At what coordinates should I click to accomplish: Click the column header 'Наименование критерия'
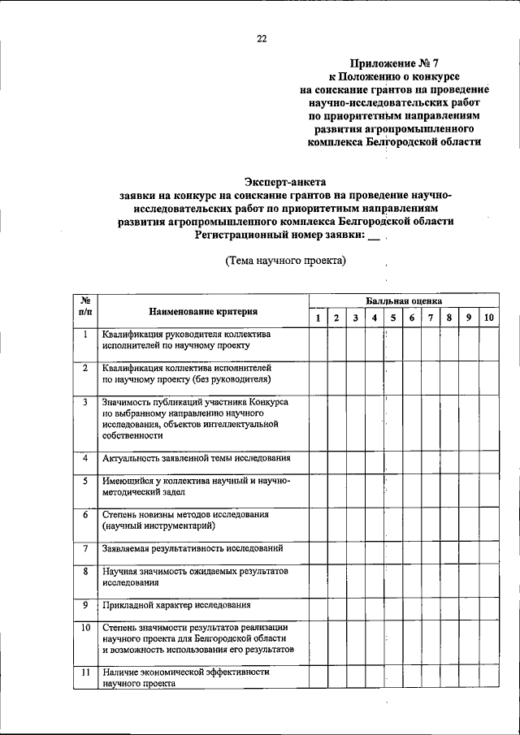[203, 311]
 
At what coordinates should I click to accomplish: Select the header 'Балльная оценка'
[403, 300]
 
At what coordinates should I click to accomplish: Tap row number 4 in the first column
[85, 459]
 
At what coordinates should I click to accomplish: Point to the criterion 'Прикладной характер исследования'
[177, 605]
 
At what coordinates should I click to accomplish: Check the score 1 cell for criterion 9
[318, 606]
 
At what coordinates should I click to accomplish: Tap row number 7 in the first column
[85, 549]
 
